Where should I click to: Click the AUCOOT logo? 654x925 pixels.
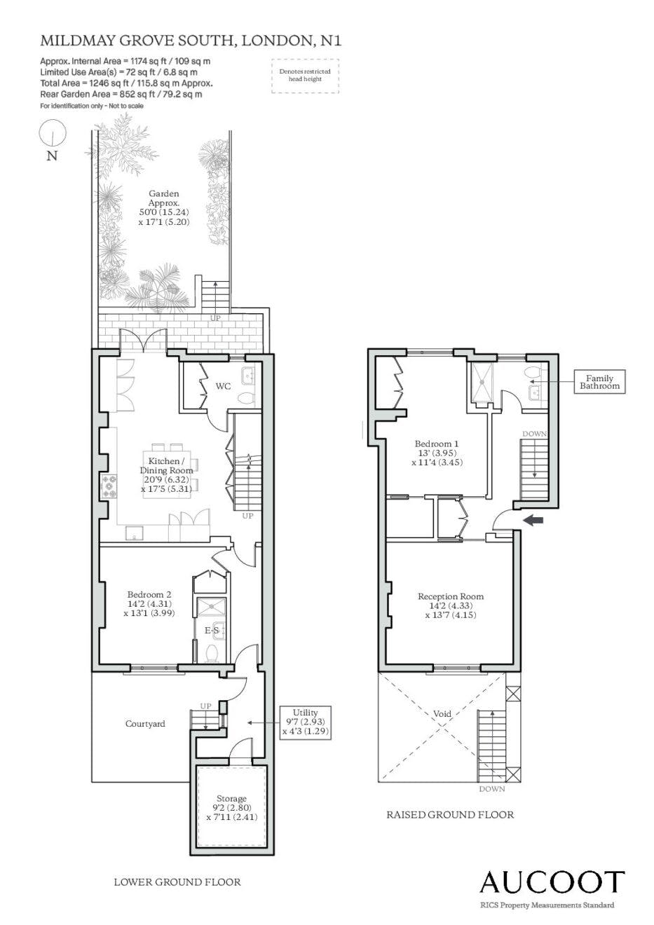tap(552, 882)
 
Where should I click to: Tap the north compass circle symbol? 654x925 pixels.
tap(53, 133)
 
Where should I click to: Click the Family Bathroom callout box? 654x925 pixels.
tap(599, 381)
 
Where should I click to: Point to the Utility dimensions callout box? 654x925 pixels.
tap(306, 722)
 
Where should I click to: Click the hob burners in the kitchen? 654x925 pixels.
tap(109, 486)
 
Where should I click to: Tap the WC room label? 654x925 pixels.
tap(223, 387)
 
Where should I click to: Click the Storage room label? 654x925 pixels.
tap(231, 799)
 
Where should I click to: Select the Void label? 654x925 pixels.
tap(442, 713)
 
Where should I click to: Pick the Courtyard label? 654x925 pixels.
tap(145, 723)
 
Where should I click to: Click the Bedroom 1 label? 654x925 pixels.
tap(437, 444)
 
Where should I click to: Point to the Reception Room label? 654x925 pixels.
tap(451, 596)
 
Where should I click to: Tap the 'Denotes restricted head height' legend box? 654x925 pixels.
tap(306, 76)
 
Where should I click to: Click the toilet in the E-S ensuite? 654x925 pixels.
tap(212, 653)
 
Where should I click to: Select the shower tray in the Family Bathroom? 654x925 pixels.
tap(482, 382)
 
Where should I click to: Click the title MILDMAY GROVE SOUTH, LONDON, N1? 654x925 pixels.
tap(191, 41)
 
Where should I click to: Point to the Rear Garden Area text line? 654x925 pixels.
tap(121, 94)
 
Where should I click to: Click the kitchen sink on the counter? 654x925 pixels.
tap(135, 533)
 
